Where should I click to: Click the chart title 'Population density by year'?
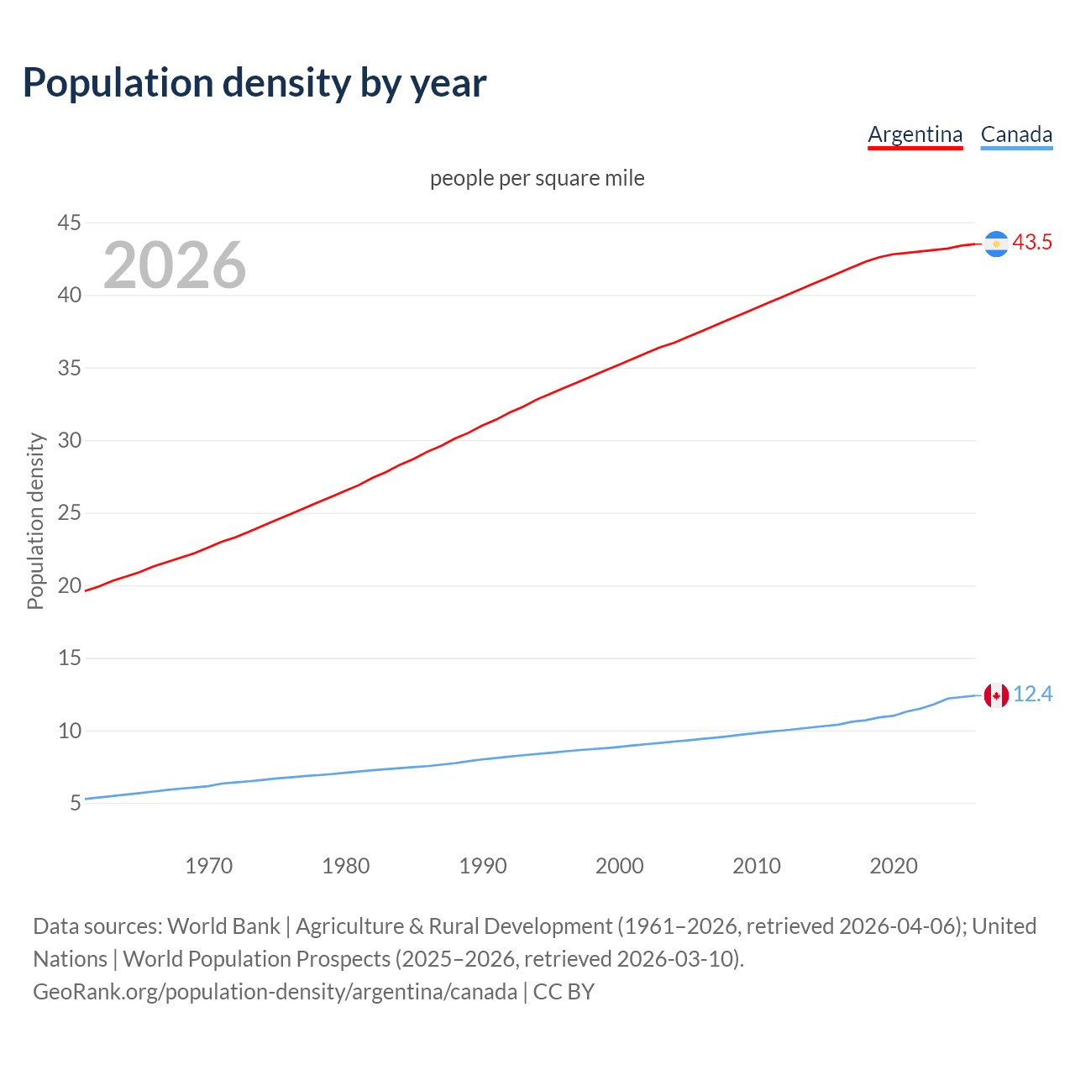tap(254, 83)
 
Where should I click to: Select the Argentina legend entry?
tap(915, 134)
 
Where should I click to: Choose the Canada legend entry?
tap(1016, 134)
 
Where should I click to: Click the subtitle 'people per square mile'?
tap(537, 179)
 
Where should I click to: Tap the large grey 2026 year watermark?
tap(175, 265)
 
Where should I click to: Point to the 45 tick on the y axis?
tap(69, 223)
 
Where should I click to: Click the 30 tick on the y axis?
tap(69, 440)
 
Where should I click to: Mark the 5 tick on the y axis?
tap(76, 804)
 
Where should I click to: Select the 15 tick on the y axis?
tap(69, 658)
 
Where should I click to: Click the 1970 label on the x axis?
tap(208, 866)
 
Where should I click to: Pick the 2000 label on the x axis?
tap(619, 866)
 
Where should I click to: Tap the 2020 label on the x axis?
tap(893, 866)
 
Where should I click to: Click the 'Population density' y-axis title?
tap(35, 521)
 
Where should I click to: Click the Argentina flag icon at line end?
tap(996, 244)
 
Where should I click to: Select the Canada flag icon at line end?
tap(996, 695)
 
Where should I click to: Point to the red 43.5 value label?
tap(1032, 243)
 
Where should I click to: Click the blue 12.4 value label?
tap(1032, 695)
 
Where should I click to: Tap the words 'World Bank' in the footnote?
tap(223, 926)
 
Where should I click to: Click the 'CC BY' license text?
tap(564, 992)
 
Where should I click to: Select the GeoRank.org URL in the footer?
tap(275, 992)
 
